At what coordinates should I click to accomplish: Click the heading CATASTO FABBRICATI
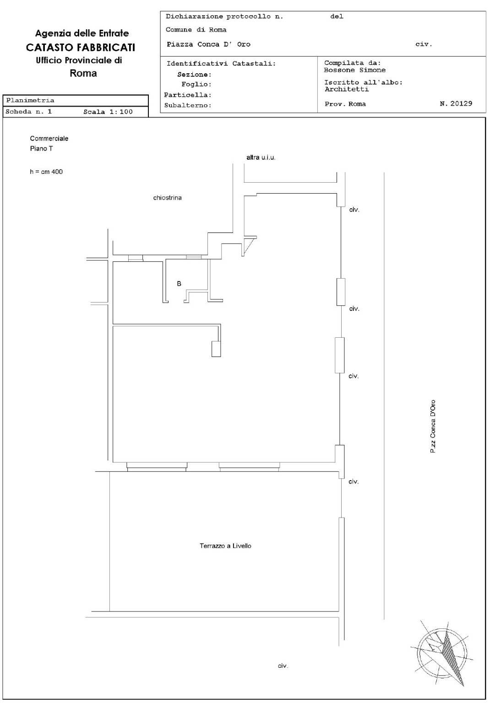click(x=81, y=48)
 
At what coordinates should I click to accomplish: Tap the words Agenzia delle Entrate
click(x=82, y=33)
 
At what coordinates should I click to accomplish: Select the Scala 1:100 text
click(x=108, y=112)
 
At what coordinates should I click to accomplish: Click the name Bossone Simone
click(x=354, y=70)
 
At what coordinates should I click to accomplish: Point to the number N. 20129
click(x=456, y=103)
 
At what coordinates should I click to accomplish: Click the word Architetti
click(x=347, y=89)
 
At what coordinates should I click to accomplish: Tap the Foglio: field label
click(x=196, y=84)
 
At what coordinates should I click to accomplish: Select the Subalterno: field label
click(x=187, y=105)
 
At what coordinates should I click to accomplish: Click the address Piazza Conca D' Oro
click(x=208, y=44)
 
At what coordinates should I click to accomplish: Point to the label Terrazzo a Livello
click(x=225, y=546)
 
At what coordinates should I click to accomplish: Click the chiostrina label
click(x=167, y=198)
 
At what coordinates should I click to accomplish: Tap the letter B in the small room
click(x=179, y=284)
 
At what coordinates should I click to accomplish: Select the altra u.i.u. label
click(x=261, y=157)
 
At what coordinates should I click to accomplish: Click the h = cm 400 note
click(x=46, y=172)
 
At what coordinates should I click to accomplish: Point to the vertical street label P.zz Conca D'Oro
click(x=433, y=426)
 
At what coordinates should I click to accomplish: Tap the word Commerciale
click(x=49, y=138)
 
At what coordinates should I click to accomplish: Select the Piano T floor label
click(x=41, y=148)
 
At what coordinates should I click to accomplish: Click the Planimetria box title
click(x=30, y=100)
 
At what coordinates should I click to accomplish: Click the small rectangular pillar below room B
click(x=216, y=349)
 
